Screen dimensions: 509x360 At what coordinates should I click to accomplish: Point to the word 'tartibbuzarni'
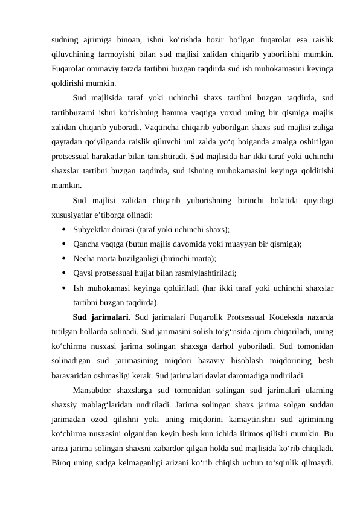(x=76, y=111)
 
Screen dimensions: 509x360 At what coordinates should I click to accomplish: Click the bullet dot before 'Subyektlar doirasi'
(x=63, y=229)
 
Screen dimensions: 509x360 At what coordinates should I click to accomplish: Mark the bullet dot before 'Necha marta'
(x=63, y=258)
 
